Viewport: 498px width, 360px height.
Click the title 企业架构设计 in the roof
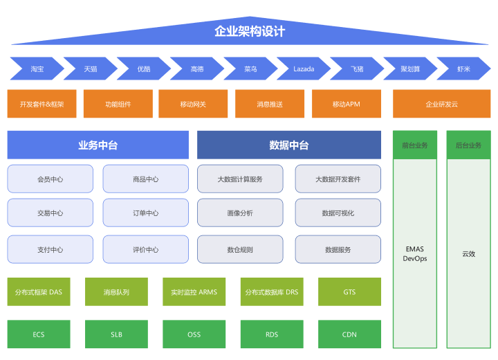pyautogui.click(x=250, y=31)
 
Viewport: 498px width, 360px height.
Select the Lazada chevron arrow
pyautogui.click(x=304, y=69)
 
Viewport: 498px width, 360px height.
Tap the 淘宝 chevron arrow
pyautogui.click(x=37, y=69)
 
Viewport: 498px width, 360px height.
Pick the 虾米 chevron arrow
pyautogui.click(x=463, y=69)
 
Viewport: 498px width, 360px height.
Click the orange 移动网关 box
pyautogui.click(x=193, y=104)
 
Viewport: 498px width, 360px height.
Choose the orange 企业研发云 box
pyautogui.click(x=442, y=104)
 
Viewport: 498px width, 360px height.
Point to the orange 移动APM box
pyautogui.click(x=347, y=104)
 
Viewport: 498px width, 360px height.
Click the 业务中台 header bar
pyautogui.click(x=98, y=145)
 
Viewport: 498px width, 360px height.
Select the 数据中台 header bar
pyautogui.click(x=289, y=145)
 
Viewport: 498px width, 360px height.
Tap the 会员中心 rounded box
pyautogui.click(x=50, y=179)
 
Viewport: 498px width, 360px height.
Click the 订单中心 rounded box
pyautogui.click(x=146, y=213)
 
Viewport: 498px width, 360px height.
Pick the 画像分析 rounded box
pyautogui.click(x=240, y=213)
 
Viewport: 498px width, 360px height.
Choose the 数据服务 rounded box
pyautogui.click(x=338, y=250)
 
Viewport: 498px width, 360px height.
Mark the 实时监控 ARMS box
pyautogui.click(x=194, y=292)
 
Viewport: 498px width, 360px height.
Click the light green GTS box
pyautogui.click(x=350, y=292)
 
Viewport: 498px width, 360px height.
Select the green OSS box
pyautogui.click(x=194, y=334)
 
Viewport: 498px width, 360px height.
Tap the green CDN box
pyautogui.click(x=350, y=334)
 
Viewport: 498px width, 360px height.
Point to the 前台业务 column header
pyautogui.click(x=415, y=145)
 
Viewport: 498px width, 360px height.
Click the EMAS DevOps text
pyautogui.click(x=415, y=254)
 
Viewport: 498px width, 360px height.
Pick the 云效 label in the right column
pyautogui.click(x=469, y=254)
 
